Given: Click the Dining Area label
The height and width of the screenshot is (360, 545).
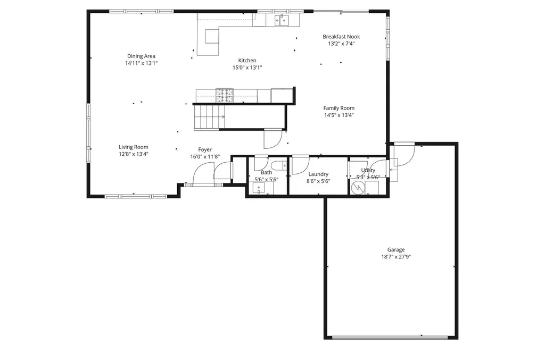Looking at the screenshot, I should tap(141, 56).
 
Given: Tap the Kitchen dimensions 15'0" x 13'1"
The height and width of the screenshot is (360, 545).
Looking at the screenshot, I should tap(247, 68).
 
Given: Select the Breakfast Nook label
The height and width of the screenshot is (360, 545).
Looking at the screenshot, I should tap(341, 37).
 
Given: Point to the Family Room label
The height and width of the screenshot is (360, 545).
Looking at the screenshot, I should tap(338, 108).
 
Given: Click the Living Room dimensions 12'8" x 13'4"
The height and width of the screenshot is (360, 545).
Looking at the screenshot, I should tap(133, 154).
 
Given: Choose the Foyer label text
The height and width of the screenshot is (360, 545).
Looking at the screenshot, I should tap(205, 149).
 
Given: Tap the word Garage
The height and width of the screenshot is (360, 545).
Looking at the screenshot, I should tap(395, 249).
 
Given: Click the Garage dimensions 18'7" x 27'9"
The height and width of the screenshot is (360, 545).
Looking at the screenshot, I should tap(396, 256).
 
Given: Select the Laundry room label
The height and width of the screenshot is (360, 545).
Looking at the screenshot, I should tap(318, 174).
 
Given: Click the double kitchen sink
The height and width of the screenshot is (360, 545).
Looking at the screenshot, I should tap(282, 20).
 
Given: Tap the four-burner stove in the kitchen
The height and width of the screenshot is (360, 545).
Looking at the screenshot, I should tap(224, 95).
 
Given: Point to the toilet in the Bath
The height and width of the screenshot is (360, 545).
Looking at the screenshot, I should tap(278, 165).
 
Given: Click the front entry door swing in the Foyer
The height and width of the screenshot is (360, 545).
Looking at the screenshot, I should tap(202, 174).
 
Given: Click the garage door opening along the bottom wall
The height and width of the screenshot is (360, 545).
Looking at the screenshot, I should tap(391, 337).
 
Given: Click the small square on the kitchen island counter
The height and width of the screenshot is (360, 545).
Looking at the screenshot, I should tap(212, 36).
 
